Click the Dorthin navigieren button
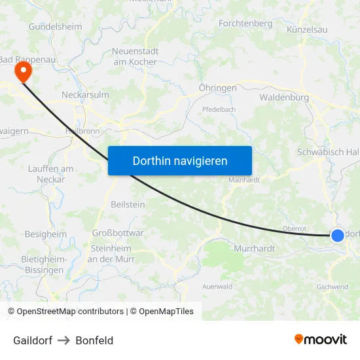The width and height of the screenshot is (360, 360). [x=179, y=160]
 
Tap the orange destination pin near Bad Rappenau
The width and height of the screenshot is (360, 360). [x=23, y=71]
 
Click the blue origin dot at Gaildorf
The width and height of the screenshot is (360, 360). [x=337, y=236]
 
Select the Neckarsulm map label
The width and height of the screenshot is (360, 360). [x=85, y=94]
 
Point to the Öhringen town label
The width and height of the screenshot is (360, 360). [x=217, y=87]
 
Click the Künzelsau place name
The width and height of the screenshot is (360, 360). [x=307, y=29]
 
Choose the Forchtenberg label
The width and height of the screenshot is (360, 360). [x=245, y=24]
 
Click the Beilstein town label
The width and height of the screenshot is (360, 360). [x=128, y=204]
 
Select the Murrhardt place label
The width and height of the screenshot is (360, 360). [x=255, y=249]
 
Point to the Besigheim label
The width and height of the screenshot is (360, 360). [x=46, y=234]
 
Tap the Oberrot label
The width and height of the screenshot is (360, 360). [x=294, y=228]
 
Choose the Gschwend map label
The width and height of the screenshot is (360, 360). [x=332, y=287]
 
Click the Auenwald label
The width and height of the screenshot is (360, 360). [x=217, y=287]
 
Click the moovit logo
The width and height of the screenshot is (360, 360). [x=320, y=340]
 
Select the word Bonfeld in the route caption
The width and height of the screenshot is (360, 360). [x=94, y=340]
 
